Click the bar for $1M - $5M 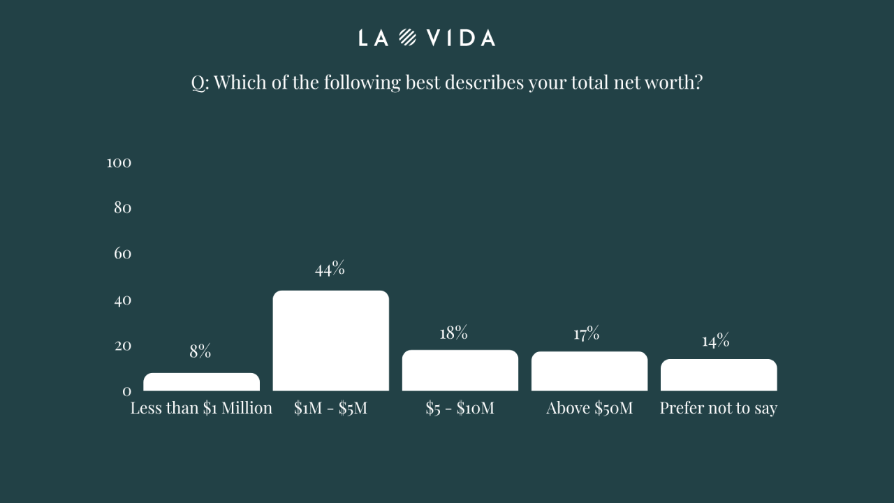click(330, 341)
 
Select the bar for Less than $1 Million click(201, 382)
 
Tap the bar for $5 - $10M click(460, 370)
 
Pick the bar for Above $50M click(589, 371)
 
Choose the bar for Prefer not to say click(718, 375)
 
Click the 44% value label click(330, 269)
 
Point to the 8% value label click(200, 351)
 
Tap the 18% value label click(453, 333)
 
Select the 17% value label click(587, 334)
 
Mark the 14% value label click(716, 341)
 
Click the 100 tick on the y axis click(119, 163)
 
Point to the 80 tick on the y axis click(122, 208)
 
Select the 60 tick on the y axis click(122, 254)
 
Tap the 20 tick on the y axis click(122, 346)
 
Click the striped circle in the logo click(408, 38)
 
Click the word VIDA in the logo click(461, 38)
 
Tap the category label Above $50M click(589, 408)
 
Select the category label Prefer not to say click(718, 408)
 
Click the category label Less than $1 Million click(201, 408)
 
